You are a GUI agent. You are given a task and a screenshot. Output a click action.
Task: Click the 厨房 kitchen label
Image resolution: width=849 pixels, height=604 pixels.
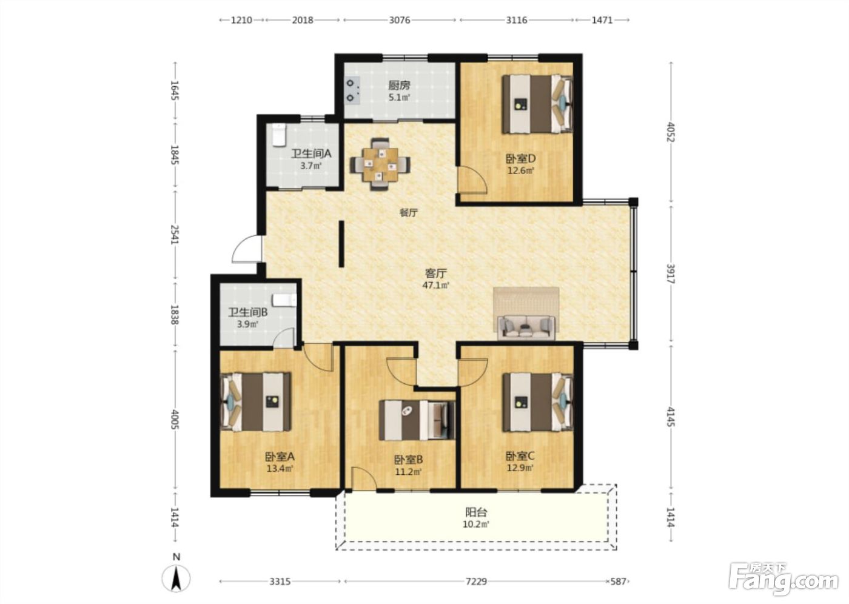click(x=399, y=86)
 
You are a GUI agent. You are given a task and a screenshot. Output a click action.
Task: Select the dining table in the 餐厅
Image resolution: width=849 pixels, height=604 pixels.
click(x=380, y=164)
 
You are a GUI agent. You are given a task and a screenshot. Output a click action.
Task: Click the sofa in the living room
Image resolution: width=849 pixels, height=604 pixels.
click(x=526, y=327)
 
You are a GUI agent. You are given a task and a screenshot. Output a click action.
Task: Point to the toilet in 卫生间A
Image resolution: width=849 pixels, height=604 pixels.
click(x=278, y=135)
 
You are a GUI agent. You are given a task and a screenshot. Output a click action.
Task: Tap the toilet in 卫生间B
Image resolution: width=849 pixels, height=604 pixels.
click(x=284, y=300)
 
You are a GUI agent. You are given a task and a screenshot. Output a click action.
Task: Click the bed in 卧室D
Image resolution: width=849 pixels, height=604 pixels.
click(x=537, y=104)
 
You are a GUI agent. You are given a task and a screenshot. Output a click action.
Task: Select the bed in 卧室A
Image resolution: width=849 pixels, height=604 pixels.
click(x=256, y=402)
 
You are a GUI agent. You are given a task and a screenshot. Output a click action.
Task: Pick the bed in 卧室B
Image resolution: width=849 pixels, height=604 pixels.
click(x=417, y=420)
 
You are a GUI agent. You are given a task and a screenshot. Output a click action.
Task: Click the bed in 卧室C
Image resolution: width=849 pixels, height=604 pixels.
click(x=537, y=402)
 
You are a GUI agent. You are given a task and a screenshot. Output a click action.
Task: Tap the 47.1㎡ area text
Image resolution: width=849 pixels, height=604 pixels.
click(x=435, y=285)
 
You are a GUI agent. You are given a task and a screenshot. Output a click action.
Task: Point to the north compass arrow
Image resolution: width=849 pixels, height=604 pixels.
click(x=176, y=579)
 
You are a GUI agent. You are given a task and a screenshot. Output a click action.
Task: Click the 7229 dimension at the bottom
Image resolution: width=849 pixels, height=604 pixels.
click(x=476, y=582)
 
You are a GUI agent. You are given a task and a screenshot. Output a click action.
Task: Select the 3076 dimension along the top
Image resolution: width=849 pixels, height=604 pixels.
click(x=400, y=20)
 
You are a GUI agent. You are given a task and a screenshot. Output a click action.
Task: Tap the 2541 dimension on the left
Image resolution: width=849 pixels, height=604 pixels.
click(x=175, y=235)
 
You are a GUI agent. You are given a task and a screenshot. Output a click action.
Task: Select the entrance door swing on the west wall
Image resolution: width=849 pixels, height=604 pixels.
click(x=247, y=249)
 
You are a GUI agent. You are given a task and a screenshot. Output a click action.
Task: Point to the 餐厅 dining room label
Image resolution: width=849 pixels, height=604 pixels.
click(x=409, y=213)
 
